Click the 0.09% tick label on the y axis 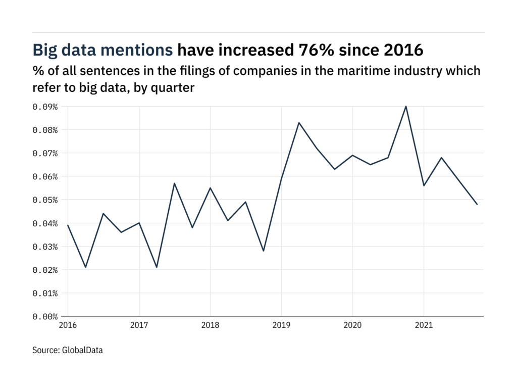point(45,107)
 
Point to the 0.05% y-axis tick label point(45,200)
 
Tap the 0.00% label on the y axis point(45,317)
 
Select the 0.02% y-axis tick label point(45,270)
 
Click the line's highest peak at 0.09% point(406,106)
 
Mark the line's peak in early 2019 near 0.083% point(299,123)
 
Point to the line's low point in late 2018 point(264,251)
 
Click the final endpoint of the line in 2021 point(477,204)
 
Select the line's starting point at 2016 point(68,225)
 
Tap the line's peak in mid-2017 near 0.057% point(174,183)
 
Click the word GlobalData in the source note point(83,350)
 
